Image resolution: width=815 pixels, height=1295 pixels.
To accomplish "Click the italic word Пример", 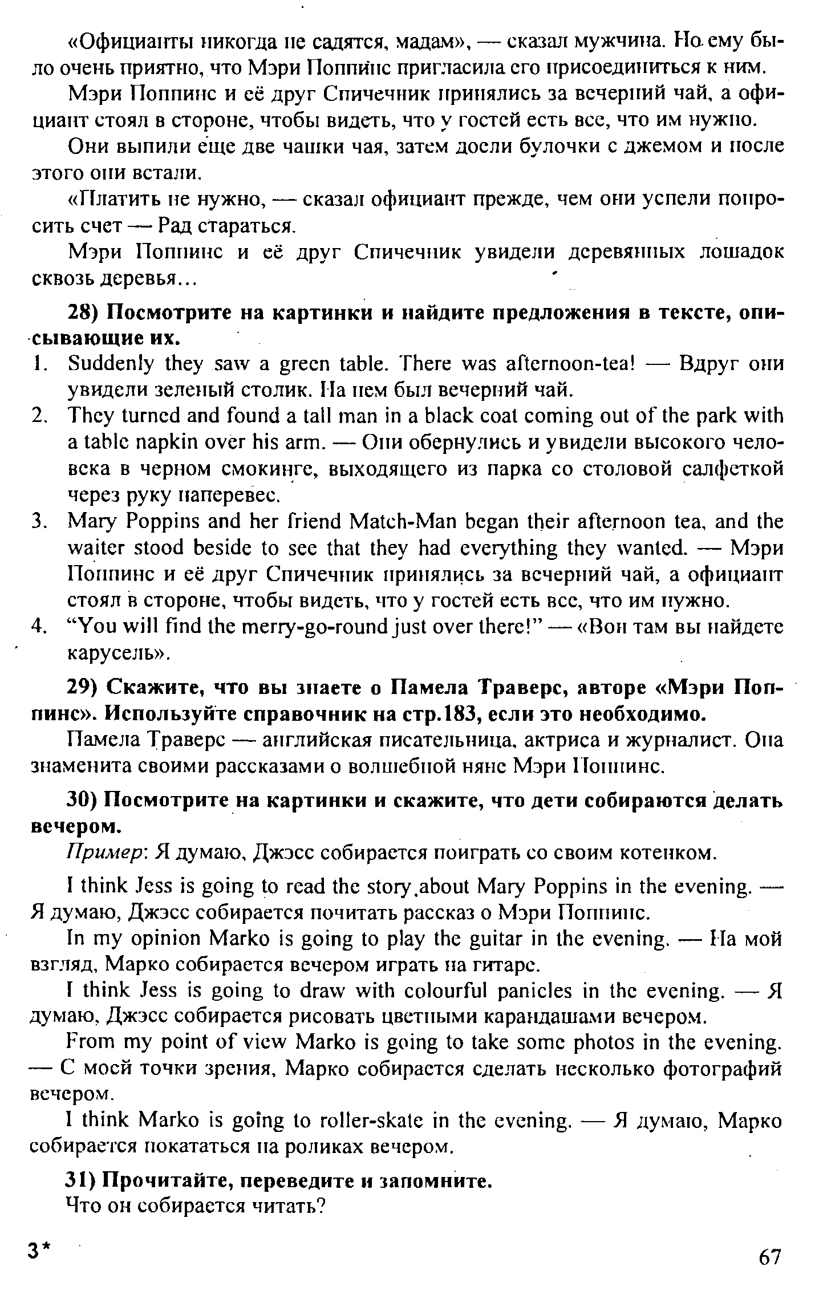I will tap(108, 854).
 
